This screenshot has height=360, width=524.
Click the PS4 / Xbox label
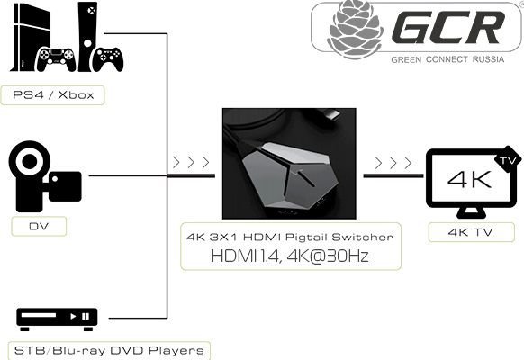[53, 95]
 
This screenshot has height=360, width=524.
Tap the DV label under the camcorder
[39, 227]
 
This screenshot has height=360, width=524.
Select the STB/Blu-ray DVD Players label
[109, 351]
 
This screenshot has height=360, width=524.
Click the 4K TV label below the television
[471, 232]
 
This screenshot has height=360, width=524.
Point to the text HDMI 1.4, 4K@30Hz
[290, 256]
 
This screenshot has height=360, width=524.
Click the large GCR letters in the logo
[447, 27]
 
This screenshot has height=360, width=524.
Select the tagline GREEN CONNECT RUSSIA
[447, 59]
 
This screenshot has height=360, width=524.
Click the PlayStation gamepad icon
[56, 59]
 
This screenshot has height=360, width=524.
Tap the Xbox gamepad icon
[108, 59]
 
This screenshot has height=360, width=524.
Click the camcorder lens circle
[30, 161]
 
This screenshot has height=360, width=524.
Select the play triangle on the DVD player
[73, 316]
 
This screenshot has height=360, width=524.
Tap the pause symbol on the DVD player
[86, 316]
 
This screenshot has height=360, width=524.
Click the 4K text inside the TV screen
[469, 179]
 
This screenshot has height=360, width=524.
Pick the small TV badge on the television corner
[508, 159]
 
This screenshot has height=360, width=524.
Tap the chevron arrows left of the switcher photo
[191, 163]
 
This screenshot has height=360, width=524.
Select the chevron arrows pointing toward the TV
[393, 163]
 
